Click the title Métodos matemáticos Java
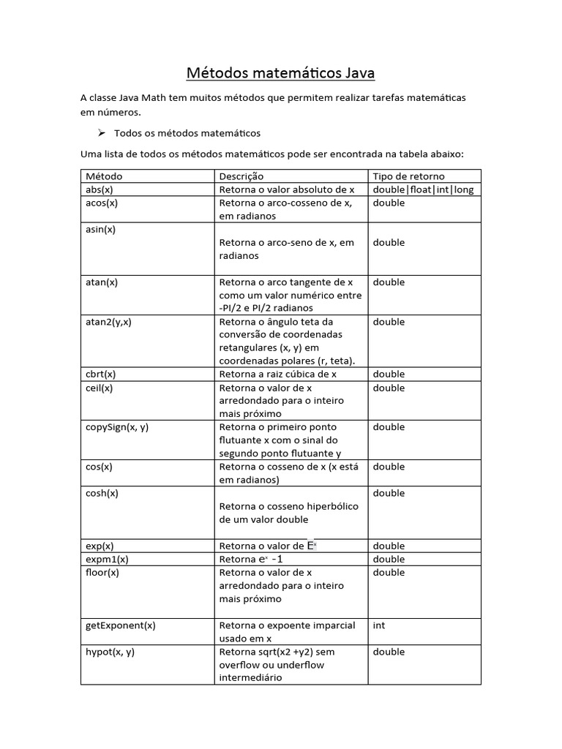(x=281, y=73)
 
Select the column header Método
(x=104, y=176)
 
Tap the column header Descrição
(x=241, y=176)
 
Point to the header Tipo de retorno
(x=408, y=176)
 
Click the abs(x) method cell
(x=99, y=189)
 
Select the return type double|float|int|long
(x=423, y=189)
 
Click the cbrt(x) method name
(x=100, y=374)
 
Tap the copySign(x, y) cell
(x=117, y=427)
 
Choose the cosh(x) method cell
(x=102, y=493)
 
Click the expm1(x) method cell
(x=107, y=559)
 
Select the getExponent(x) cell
(x=121, y=625)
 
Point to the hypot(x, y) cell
(x=110, y=652)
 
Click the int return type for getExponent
(x=379, y=625)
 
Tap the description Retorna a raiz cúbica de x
(x=278, y=374)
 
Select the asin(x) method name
(x=101, y=229)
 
